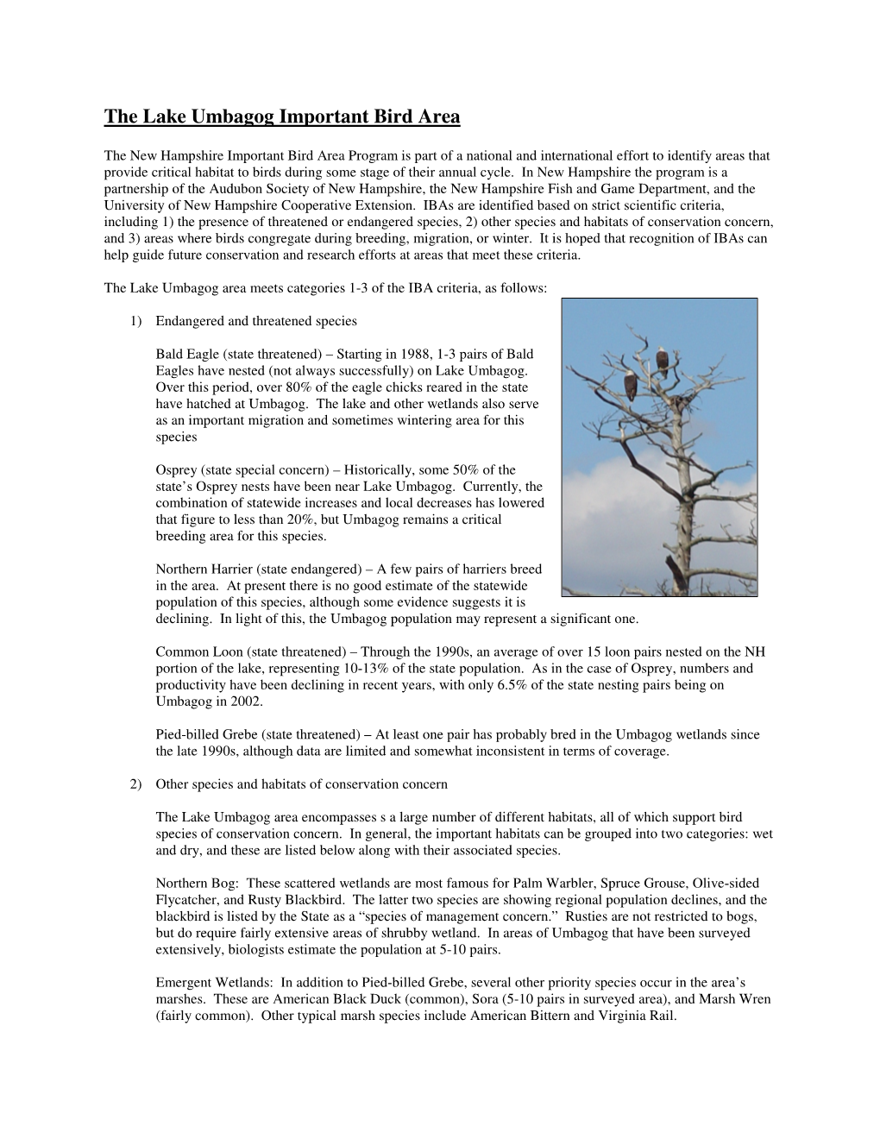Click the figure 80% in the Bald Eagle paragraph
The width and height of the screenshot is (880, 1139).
click(300, 387)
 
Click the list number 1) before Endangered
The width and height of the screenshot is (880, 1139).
click(136, 321)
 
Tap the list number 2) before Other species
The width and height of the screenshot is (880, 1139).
click(136, 784)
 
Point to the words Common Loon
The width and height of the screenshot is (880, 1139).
click(192, 651)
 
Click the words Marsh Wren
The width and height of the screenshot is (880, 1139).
click(739, 999)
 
